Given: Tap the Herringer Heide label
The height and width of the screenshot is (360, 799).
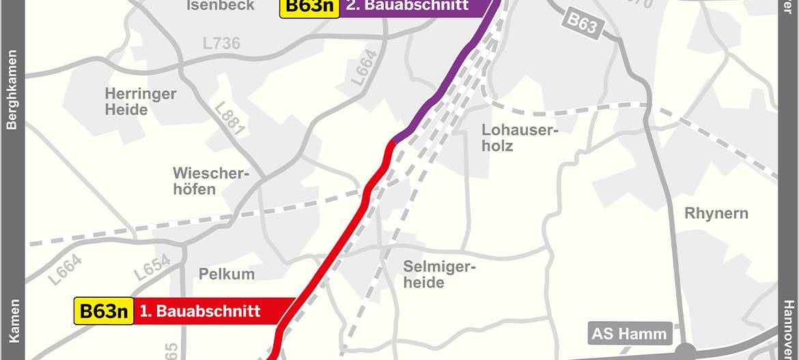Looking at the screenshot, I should (x=141, y=101).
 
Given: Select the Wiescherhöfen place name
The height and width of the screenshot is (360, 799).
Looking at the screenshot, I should (x=208, y=181).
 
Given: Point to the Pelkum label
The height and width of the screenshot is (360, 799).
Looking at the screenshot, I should (x=227, y=275).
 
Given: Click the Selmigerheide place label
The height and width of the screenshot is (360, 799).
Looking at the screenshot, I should (x=438, y=274).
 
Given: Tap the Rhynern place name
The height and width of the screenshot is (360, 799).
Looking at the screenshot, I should (x=716, y=214).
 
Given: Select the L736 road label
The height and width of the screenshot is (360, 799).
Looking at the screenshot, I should (x=221, y=44).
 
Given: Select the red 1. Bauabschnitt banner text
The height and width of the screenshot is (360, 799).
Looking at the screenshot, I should (x=200, y=311).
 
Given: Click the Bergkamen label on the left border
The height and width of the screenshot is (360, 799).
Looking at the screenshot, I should (x=12, y=89).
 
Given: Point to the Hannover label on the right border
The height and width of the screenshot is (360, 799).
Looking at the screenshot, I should (x=788, y=329).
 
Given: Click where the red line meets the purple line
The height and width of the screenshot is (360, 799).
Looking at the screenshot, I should (x=395, y=141).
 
